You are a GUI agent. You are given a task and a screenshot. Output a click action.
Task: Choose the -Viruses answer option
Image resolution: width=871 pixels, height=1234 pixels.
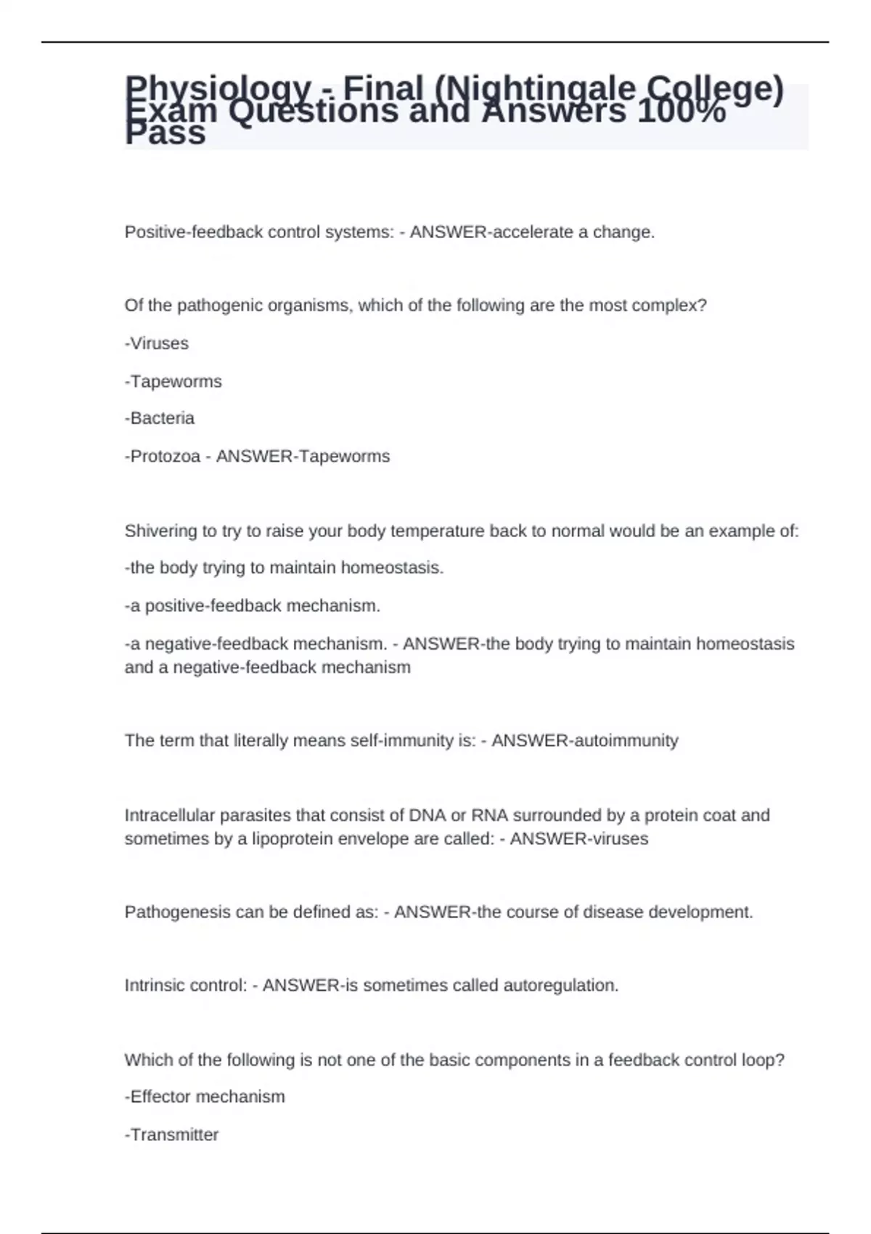tap(157, 343)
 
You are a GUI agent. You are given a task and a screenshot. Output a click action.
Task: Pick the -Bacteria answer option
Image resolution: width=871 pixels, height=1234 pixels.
tap(160, 418)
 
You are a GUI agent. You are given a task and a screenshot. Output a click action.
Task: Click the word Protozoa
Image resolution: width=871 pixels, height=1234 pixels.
tap(165, 456)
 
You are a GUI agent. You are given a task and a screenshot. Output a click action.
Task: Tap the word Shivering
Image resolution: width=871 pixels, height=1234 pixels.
tap(160, 531)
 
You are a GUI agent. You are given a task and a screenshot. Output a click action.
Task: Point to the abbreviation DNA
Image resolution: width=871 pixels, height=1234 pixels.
tap(428, 815)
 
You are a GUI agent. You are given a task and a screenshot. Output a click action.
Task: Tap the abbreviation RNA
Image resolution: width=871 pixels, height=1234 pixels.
tap(489, 815)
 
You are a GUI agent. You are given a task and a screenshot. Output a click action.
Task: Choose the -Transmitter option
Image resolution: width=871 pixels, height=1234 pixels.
tap(172, 1135)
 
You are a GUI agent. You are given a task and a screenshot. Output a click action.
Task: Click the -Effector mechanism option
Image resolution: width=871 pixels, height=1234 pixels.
tap(205, 1096)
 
